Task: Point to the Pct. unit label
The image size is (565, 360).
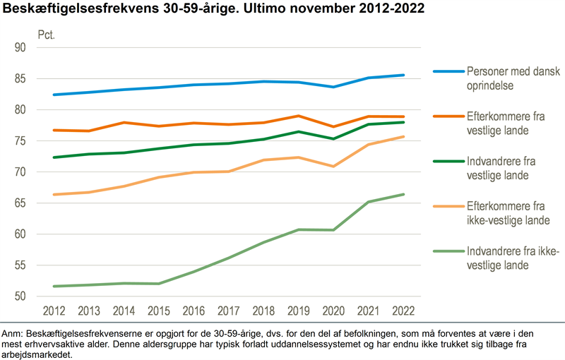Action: pyautogui.click(x=46, y=34)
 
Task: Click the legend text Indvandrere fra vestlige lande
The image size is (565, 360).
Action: pyautogui.click(x=499, y=167)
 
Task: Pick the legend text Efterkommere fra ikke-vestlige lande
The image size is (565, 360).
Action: pyautogui.click(x=505, y=214)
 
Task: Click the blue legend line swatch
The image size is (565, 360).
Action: pyautogui.click(x=448, y=72)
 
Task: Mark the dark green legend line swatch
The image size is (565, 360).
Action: pyautogui.click(x=448, y=161)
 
